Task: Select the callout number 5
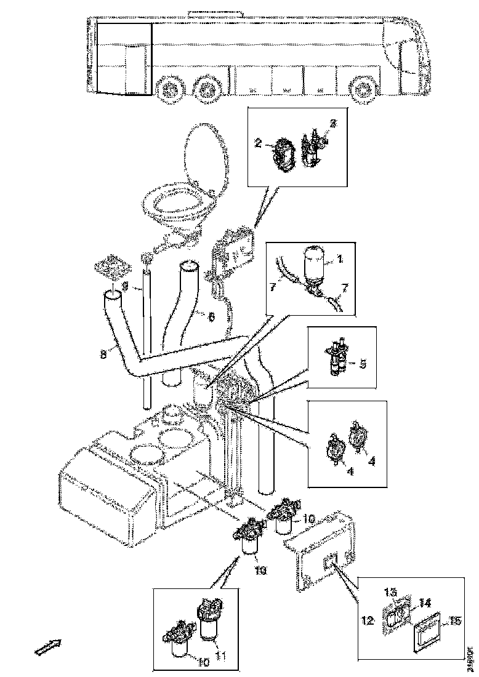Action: coord(363,363)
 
